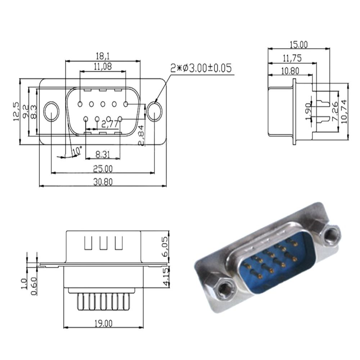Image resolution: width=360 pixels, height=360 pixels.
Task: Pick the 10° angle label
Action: point(77,151)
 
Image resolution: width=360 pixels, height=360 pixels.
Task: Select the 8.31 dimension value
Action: point(103,155)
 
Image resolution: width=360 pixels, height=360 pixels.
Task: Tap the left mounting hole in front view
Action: point(51,111)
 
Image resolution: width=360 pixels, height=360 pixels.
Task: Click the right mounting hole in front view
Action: point(154,111)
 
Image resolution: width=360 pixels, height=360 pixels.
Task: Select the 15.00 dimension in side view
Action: point(299,45)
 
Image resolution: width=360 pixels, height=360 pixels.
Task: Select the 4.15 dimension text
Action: point(165,276)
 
